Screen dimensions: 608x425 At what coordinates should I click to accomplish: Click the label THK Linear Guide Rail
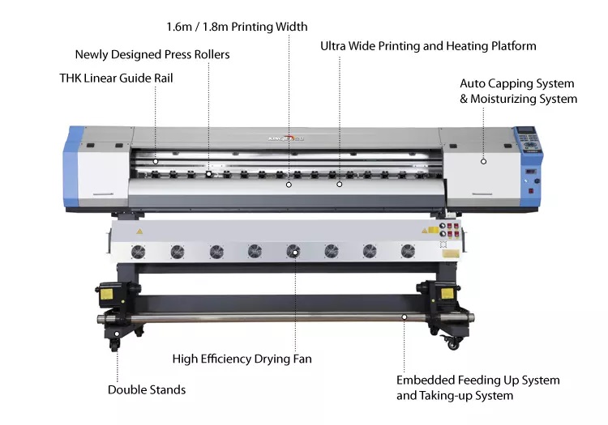pos(116,79)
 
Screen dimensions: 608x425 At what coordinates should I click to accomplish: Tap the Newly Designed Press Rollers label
pos(152,54)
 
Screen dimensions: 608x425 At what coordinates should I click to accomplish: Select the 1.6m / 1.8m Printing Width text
pos(237,27)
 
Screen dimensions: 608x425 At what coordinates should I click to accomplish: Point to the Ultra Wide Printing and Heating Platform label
pos(428,46)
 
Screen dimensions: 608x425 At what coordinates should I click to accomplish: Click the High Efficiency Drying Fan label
pos(242,359)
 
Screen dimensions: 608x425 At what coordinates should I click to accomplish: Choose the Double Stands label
pos(147,389)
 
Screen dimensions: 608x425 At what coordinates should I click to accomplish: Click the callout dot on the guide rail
pos(156,161)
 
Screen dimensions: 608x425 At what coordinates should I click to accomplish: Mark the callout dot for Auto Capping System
pos(483,161)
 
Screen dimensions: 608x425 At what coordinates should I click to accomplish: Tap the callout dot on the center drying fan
pos(295,253)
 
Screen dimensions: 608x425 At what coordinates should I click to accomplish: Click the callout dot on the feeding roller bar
pos(404,317)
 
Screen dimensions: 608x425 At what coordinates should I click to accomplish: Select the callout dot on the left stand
pos(117,334)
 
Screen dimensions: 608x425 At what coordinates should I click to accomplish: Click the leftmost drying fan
pos(138,252)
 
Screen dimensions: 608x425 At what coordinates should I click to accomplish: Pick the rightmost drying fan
pos(408,251)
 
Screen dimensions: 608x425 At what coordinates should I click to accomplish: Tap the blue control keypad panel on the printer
pos(527,139)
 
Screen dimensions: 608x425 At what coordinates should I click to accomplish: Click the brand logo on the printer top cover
pos(286,138)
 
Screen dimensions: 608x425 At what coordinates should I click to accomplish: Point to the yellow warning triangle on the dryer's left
pos(139,232)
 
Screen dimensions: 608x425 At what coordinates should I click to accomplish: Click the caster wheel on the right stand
pos(453,342)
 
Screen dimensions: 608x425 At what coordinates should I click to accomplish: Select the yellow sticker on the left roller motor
pos(107,294)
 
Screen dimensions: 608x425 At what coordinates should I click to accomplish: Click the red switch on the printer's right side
pos(531,191)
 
